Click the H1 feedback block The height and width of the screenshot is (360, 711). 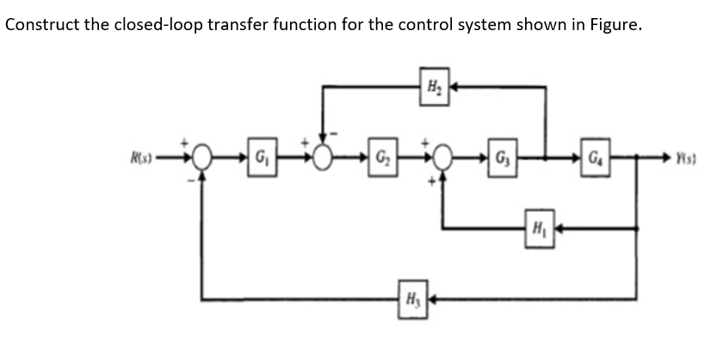pyautogui.click(x=538, y=230)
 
